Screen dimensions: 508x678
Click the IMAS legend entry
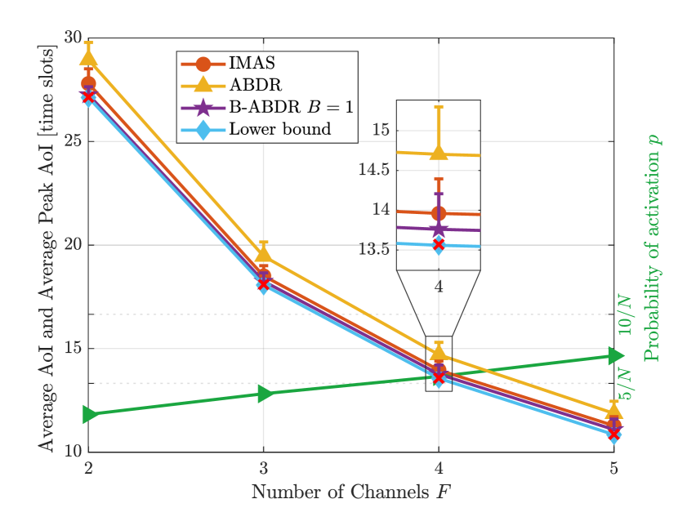point(252,63)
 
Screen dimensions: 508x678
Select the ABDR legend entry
point(255,85)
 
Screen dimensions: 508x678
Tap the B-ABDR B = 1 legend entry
point(291,107)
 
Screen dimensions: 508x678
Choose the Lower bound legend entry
point(279,129)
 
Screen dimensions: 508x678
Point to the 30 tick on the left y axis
point(71,38)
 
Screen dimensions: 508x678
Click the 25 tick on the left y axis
point(71,141)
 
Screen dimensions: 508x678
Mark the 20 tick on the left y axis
point(71,245)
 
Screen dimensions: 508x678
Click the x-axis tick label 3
point(263,469)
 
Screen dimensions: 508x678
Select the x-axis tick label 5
point(613,469)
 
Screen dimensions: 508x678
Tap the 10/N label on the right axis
point(624,314)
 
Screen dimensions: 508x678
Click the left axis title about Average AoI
point(47,245)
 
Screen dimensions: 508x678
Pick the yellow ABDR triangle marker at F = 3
point(263,254)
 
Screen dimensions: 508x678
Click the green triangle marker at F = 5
point(614,355)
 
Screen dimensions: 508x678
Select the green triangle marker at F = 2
point(91,415)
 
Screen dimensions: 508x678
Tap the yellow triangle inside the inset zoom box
point(439,152)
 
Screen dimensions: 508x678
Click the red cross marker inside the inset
point(439,244)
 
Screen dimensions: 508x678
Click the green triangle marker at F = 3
point(264,394)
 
